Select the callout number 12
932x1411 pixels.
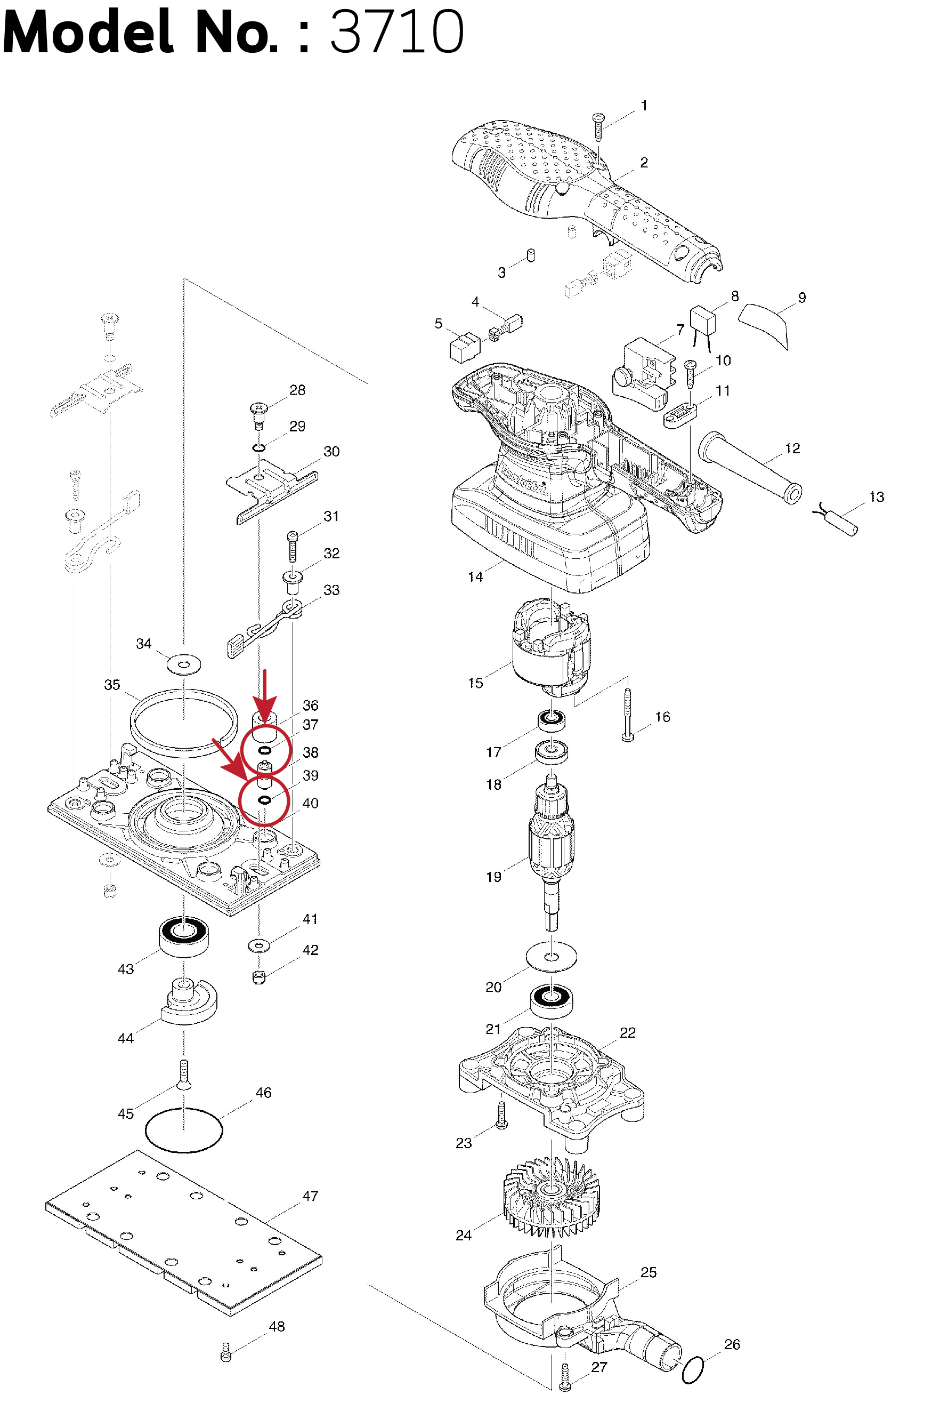pyautogui.click(x=792, y=448)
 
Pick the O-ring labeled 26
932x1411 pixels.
pyautogui.click(x=692, y=1369)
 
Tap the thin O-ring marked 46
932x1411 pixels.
pyautogui.click(x=184, y=1129)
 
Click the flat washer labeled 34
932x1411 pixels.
pyautogui.click(x=184, y=664)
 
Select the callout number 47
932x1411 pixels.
pyautogui.click(x=310, y=1196)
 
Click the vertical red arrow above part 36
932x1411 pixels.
pyautogui.click(x=265, y=693)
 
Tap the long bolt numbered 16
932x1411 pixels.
pyautogui.click(x=628, y=714)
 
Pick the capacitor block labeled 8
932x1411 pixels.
pyautogui.click(x=702, y=320)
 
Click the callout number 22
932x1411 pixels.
pyautogui.click(x=628, y=1033)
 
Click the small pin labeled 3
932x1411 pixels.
pyautogui.click(x=531, y=256)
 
